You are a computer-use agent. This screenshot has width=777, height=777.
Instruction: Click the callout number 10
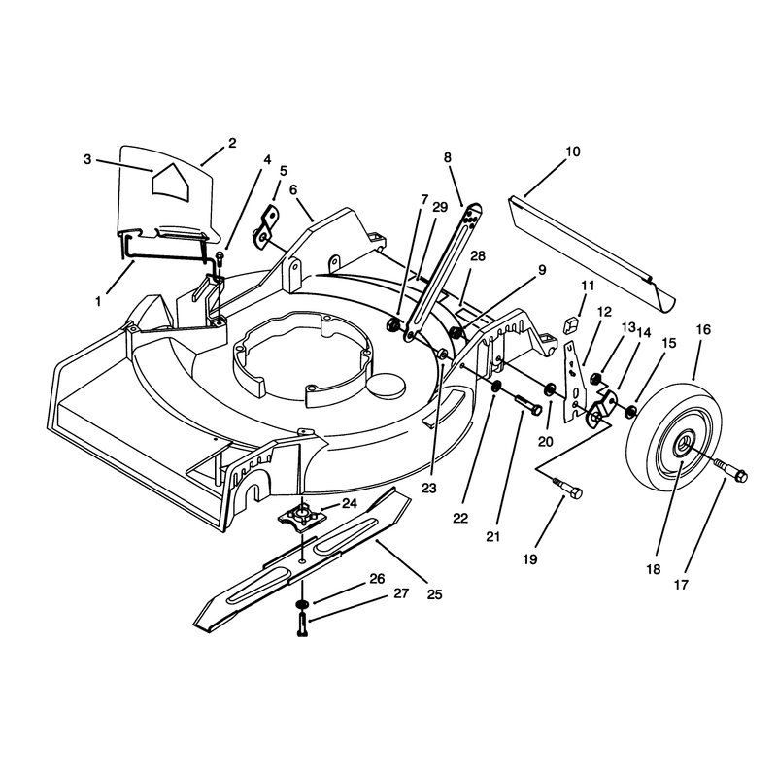pos(572,152)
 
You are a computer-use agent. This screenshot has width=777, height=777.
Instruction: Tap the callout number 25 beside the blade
pos(434,594)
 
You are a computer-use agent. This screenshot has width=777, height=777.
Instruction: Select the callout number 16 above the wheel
pos(703,329)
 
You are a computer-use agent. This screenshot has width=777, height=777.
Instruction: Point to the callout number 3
pos(87,159)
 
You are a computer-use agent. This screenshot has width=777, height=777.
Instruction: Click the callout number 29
pos(440,207)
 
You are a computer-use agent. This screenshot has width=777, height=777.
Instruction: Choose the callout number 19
pos(529,559)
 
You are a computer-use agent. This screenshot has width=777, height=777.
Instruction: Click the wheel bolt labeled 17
pos(730,470)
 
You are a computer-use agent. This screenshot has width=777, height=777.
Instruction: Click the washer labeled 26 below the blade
pos(301,604)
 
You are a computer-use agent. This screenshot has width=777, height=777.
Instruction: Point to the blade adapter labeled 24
pos(301,516)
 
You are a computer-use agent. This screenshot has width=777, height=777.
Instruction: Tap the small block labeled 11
pos(572,326)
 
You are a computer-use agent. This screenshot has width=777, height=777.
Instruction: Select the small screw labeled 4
pos(220,257)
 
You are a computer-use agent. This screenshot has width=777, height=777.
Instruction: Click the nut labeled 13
pos(596,380)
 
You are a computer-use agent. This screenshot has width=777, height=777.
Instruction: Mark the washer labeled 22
pos(496,386)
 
